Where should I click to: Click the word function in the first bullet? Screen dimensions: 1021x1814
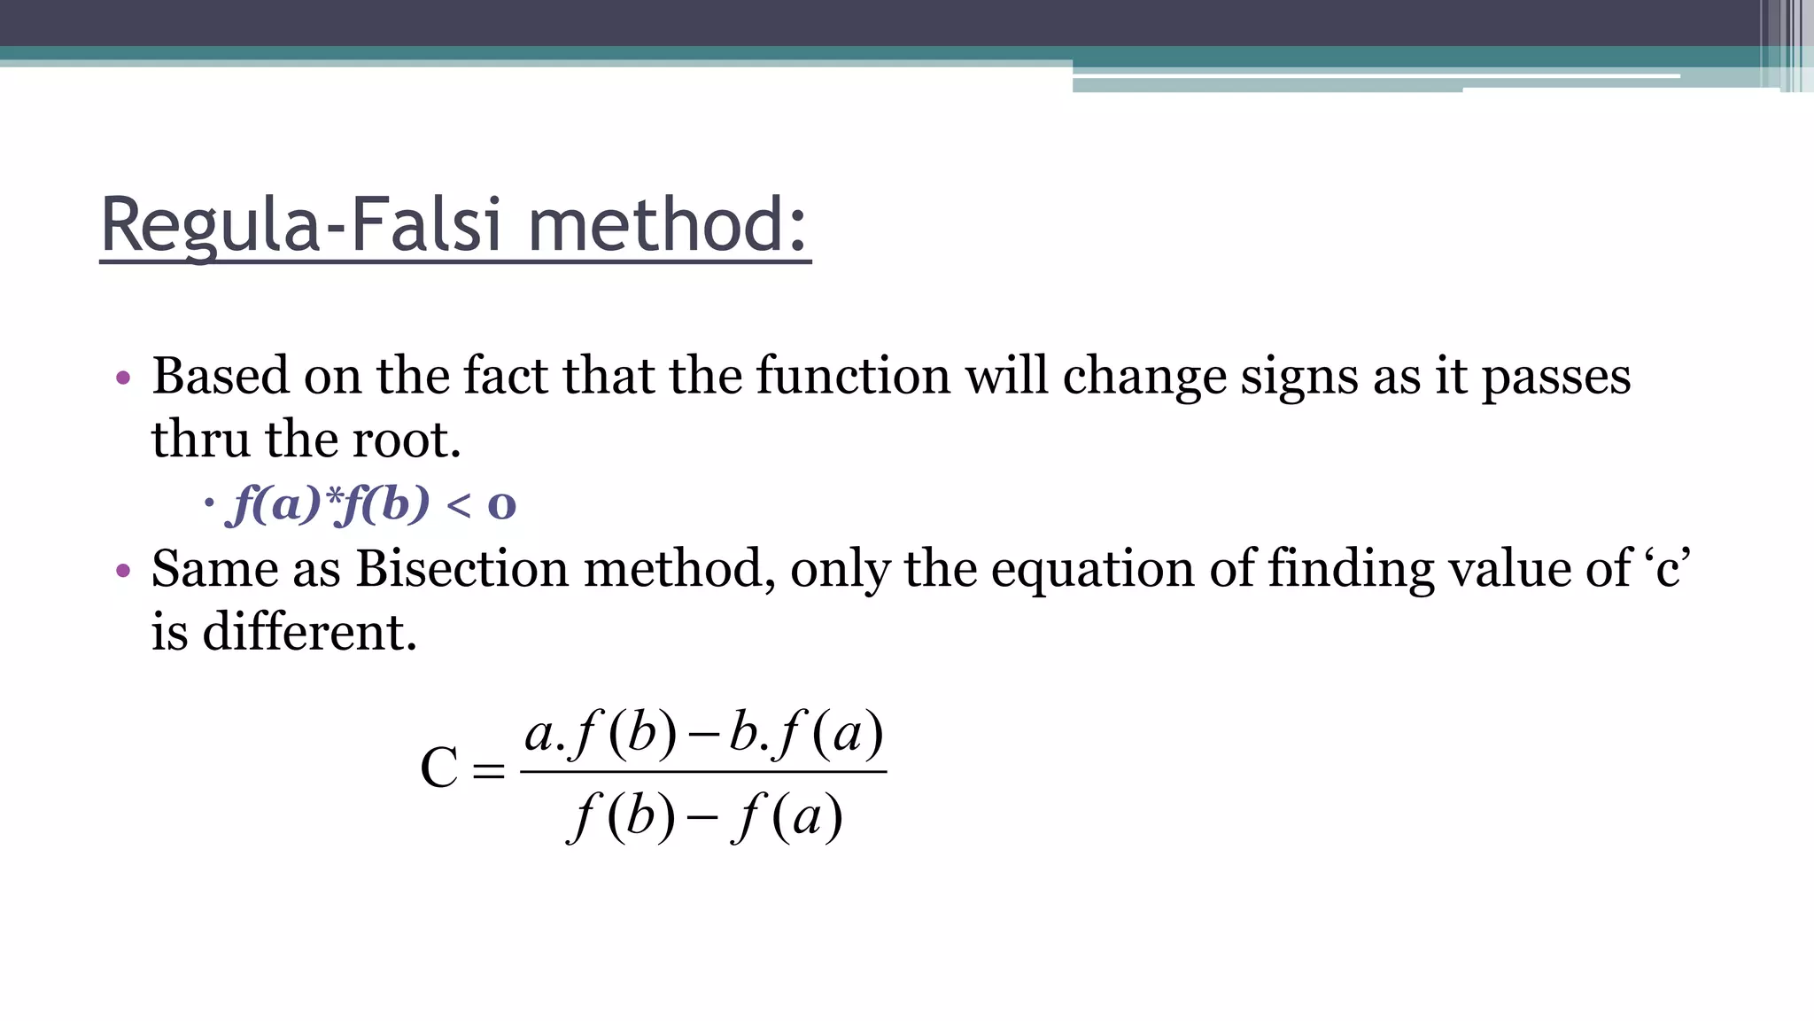click(853, 376)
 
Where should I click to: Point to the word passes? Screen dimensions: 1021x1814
click(1555, 378)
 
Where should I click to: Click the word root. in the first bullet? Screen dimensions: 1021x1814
click(407, 440)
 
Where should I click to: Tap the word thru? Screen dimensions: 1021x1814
click(200, 440)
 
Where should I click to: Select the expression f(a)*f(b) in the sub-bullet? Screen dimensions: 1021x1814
click(329, 504)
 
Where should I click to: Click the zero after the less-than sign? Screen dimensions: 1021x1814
click(501, 505)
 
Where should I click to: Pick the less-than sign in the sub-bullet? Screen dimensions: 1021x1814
click(459, 505)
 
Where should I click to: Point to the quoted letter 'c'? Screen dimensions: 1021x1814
click(1668, 568)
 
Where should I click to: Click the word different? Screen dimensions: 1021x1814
click(309, 632)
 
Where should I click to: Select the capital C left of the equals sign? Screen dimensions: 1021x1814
click(439, 768)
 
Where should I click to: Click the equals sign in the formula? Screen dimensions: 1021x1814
click(488, 769)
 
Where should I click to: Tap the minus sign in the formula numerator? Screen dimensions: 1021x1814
click(702, 736)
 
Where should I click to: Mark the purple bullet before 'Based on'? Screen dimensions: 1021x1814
click(123, 378)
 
